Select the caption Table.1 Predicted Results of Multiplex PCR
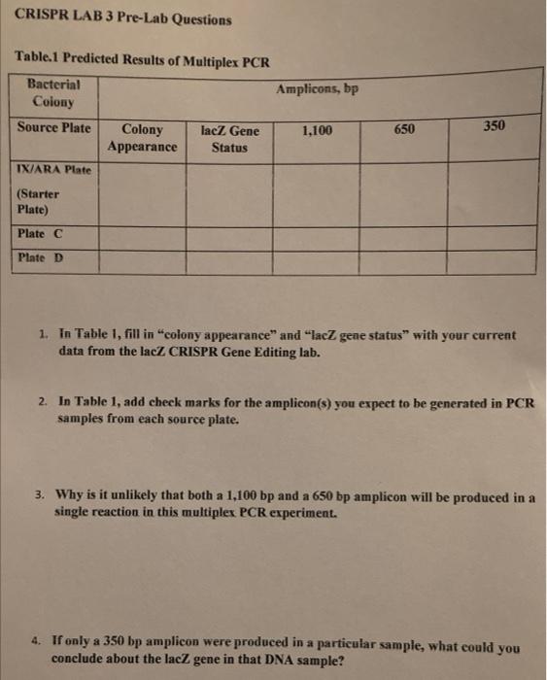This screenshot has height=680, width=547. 142,60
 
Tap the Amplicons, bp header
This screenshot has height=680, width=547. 317,88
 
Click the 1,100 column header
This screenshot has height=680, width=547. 317,130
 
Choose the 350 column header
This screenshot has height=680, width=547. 494,127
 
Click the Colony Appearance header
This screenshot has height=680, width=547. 143,138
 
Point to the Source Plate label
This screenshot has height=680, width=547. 54,128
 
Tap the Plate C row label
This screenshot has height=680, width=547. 40,233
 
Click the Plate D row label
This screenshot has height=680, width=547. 40,258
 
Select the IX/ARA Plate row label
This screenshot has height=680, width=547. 54,171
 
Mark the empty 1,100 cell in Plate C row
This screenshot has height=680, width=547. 317,236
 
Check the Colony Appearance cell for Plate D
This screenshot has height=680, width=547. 143,261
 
